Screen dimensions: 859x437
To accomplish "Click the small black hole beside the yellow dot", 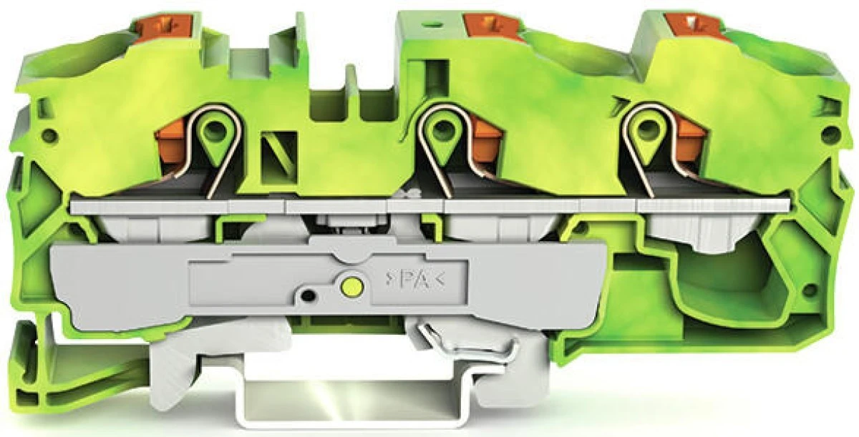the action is point(309,295).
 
